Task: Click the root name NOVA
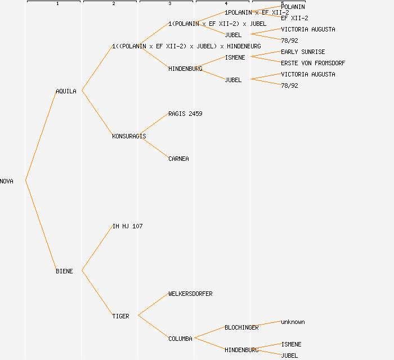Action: click(x=7, y=181)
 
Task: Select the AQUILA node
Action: click(x=66, y=91)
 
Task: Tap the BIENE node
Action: click(x=64, y=271)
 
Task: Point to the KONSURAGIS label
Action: click(x=129, y=136)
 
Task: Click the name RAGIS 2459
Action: click(x=185, y=114)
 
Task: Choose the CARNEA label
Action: click(x=178, y=159)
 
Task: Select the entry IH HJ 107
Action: click(x=127, y=226)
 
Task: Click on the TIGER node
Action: click(x=120, y=316)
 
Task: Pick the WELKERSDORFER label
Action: click(x=190, y=294)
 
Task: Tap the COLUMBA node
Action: click(x=180, y=339)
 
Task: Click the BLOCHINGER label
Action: click(x=241, y=327)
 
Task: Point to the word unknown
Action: click(x=293, y=322)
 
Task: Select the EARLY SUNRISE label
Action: click(x=303, y=52)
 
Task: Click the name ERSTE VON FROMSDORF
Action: click(x=313, y=63)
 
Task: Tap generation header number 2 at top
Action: click(x=113, y=4)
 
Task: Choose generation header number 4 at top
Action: click(x=226, y=4)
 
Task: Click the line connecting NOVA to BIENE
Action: click(x=41, y=226)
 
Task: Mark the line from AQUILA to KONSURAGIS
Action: click(x=97, y=113)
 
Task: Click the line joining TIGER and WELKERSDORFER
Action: click(x=153, y=305)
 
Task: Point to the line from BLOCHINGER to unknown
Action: click(x=269, y=325)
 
